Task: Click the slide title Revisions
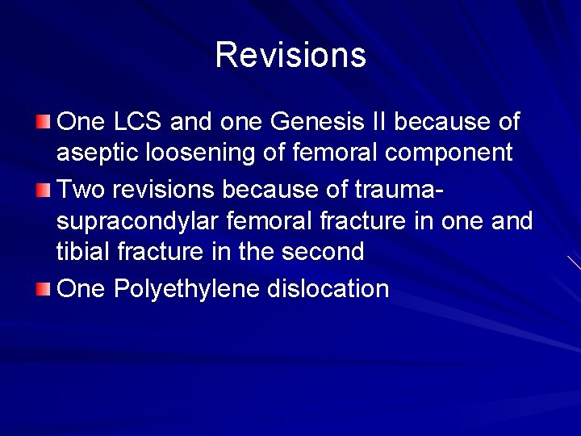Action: click(290, 55)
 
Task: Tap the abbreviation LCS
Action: click(138, 122)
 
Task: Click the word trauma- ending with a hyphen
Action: click(399, 189)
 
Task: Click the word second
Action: click(324, 251)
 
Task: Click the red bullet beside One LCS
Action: click(44, 122)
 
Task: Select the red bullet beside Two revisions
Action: click(44, 189)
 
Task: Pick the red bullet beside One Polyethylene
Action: click(44, 288)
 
